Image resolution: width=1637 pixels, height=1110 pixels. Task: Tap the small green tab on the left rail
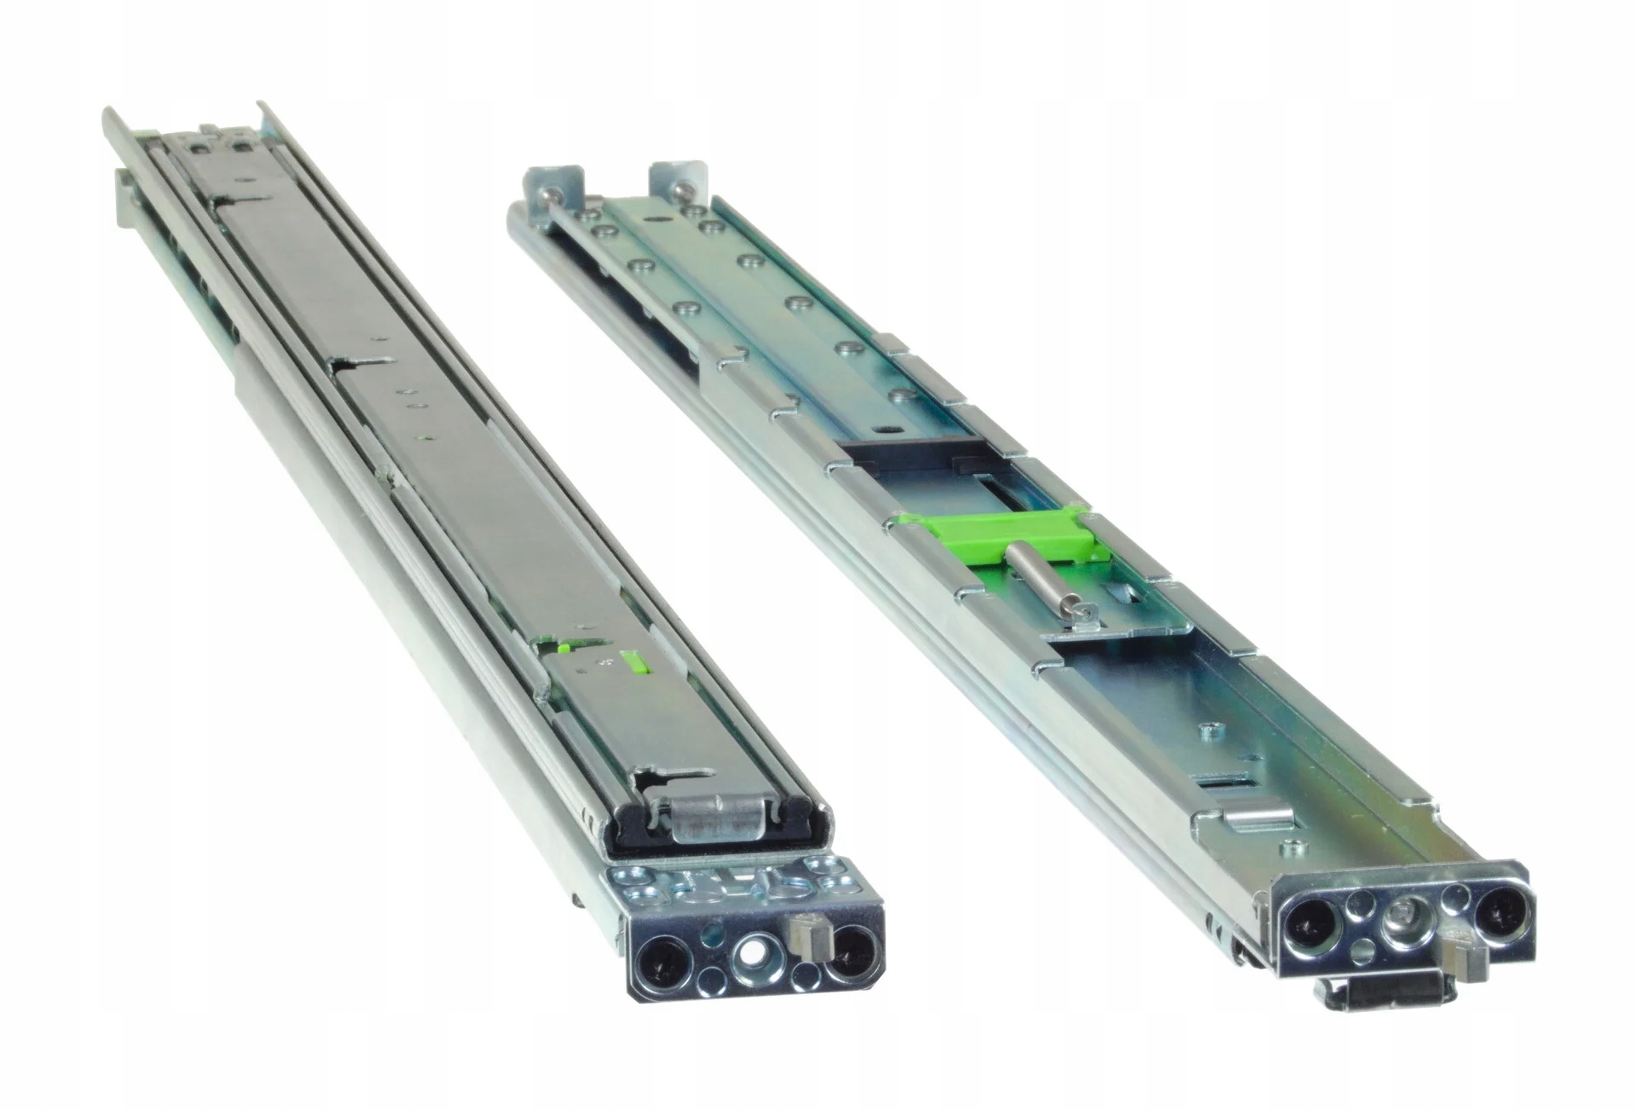coord(633,662)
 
